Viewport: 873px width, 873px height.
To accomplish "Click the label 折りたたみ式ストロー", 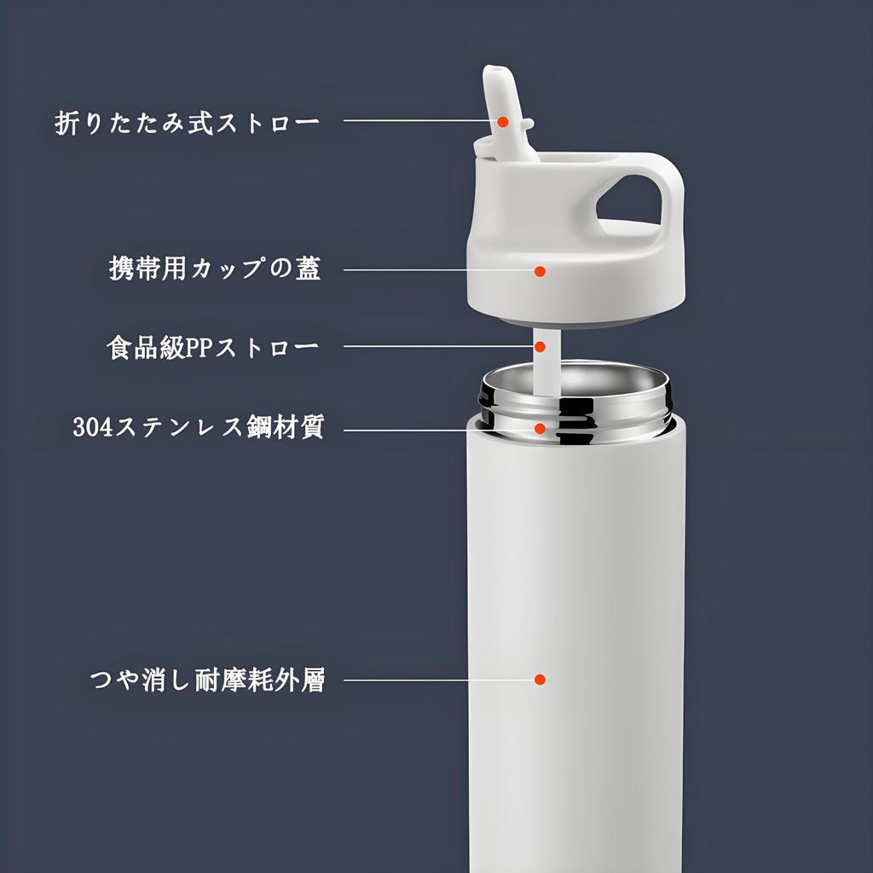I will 188,122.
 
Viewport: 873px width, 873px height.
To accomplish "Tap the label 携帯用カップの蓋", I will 215,269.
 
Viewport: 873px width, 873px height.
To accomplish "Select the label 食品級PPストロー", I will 213,348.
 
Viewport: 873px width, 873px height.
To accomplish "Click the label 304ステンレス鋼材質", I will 198,425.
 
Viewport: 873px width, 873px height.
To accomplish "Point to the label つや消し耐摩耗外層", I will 207,680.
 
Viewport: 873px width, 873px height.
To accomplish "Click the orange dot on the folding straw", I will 503,123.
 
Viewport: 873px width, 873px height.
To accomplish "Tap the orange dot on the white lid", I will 540,271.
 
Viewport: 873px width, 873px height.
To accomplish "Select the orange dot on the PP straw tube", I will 541,347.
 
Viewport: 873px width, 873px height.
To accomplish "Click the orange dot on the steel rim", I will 541,428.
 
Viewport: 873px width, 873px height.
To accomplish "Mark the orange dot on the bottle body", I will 540,679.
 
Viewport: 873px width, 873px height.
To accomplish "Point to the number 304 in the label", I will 88,426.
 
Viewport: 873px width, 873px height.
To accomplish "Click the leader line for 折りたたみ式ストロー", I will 418,120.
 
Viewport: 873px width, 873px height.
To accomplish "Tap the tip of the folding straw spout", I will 496,75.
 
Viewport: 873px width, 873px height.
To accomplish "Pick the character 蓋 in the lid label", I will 307,269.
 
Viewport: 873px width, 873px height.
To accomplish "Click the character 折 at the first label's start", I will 67,122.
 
